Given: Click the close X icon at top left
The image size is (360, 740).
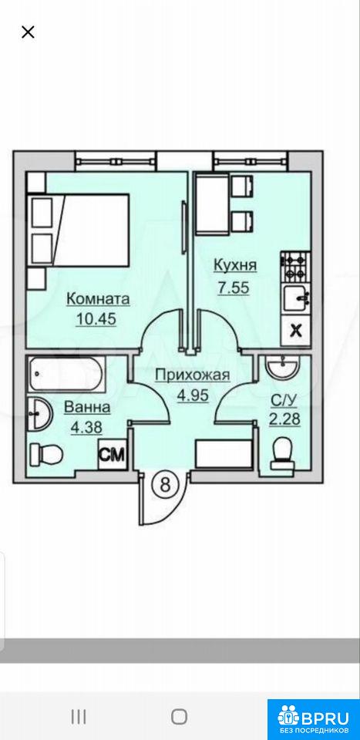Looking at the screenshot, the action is pos(29,32).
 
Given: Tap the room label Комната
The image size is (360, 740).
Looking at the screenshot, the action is pos(98,299).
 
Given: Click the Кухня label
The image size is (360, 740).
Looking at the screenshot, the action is pos(235,266).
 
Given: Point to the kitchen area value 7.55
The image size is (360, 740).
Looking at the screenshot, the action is pos(233,288).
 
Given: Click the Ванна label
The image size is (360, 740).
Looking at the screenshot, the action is pos(87,407).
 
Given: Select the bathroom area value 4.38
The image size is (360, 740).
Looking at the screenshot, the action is pos(87,428).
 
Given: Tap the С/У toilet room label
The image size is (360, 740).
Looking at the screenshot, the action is pos(284,402).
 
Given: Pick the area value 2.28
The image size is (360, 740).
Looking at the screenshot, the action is pos(285,419).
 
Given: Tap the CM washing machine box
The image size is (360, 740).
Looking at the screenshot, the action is pos(113,455).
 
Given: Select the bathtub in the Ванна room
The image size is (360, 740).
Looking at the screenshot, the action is pos(66,375).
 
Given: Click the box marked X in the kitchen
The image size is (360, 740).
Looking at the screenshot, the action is pos(295,329).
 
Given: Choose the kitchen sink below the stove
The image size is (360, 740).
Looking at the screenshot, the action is pos(296,298).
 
